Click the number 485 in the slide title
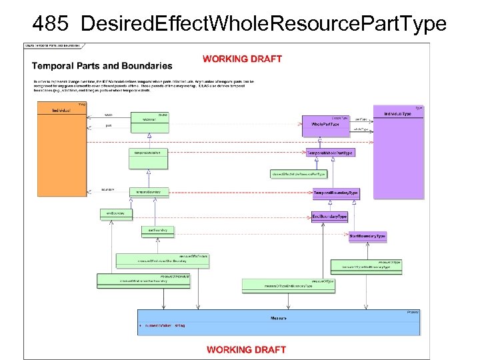tap(51, 23)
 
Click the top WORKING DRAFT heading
tap(242, 59)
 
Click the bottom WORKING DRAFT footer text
tap(246, 349)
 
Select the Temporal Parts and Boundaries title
tap(102, 66)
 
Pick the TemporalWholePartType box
tap(329, 153)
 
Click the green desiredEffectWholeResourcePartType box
tap(298, 174)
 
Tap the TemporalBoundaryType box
tap(336, 193)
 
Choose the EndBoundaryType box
tap(329, 217)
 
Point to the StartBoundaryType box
tap(367, 236)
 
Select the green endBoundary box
tap(116, 213)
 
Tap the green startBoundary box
tap(158, 230)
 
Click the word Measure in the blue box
tap(279, 319)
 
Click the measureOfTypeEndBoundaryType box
tap(288, 286)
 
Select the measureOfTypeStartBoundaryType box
tap(367, 266)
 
